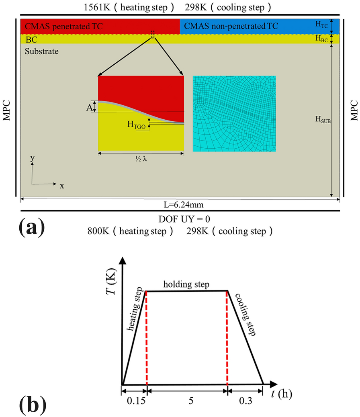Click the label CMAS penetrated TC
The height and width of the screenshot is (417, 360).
pos(64,27)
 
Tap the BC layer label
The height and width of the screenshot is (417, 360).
pos(30,40)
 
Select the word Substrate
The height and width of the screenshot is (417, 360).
pos(41,51)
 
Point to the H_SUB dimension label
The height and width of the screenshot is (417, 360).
pos(323,119)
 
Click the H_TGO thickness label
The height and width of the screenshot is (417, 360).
pos(136,125)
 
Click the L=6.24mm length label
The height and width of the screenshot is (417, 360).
pos(180,204)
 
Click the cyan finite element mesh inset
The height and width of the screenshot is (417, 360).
pos(234,113)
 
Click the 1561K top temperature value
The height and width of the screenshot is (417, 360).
pos(102,8)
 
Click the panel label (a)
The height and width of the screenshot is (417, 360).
pos(31,228)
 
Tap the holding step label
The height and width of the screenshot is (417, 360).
pos(186,285)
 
